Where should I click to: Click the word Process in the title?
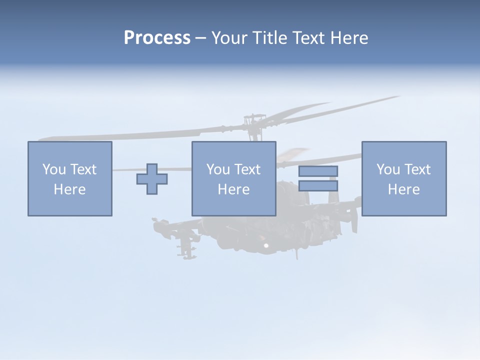157,38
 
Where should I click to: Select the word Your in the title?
229,38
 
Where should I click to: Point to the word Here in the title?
349,38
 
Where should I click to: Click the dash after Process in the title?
200,38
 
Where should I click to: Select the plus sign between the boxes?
152,179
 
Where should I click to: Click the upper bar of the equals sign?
318,171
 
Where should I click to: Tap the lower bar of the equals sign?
318,185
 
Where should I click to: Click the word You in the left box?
54,169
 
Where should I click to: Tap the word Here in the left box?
69,189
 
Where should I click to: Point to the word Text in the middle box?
246,169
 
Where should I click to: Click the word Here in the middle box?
233,189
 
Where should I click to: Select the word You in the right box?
388,169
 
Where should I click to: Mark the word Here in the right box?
403,189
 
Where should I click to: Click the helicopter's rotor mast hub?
253,120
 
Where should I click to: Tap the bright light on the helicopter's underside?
266,245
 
